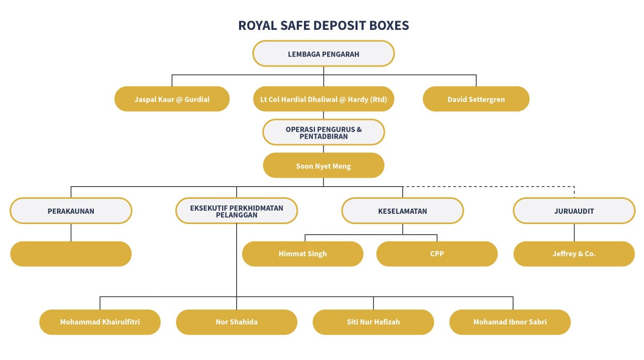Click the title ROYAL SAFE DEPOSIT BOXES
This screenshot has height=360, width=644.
(x=324, y=26)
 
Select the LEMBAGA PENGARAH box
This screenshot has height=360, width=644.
(x=324, y=54)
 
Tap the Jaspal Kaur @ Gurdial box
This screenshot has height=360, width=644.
(x=172, y=99)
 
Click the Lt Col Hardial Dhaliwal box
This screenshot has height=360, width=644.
(x=324, y=99)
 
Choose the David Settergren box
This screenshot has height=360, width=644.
(x=476, y=99)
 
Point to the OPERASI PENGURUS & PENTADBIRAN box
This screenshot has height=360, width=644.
(x=324, y=132)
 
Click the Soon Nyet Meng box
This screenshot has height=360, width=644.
(x=324, y=166)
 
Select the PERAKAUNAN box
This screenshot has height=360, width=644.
(x=71, y=211)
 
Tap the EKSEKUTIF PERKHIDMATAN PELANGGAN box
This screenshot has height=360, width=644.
(x=236, y=211)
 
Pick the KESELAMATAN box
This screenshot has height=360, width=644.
(x=402, y=211)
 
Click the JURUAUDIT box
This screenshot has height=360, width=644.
(x=574, y=211)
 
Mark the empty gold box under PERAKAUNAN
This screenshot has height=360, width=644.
(x=71, y=254)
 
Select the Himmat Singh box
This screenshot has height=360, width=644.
(x=302, y=254)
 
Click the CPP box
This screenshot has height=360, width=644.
(x=437, y=254)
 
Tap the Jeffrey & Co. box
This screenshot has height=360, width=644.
(x=574, y=254)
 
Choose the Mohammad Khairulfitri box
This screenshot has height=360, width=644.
(x=100, y=322)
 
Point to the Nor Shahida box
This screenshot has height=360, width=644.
(x=236, y=322)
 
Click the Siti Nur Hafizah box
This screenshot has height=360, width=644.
(x=373, y=322)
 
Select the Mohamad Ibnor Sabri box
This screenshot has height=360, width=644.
(x=510, y=322)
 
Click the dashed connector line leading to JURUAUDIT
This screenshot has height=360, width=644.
(x=489, y=186)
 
